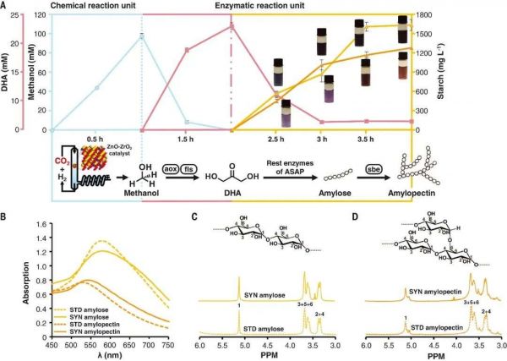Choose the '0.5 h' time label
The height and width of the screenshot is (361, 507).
point(95,139)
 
